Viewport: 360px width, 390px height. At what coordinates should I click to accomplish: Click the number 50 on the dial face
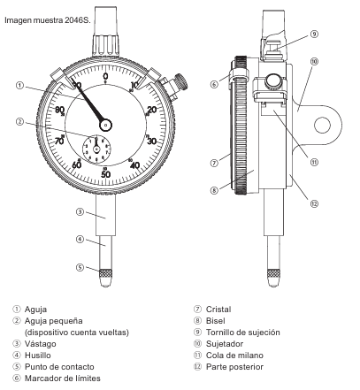coord(105,174)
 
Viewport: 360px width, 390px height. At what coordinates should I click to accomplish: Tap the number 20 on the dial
coord(152,110)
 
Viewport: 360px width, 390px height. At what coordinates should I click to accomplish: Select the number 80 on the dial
coord(59,110)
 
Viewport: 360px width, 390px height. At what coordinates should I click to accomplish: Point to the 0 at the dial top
coord(105,76)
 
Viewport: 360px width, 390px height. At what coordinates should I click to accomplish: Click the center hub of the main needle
coord(105,126)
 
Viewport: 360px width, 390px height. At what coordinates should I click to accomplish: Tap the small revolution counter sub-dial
coord(96,149)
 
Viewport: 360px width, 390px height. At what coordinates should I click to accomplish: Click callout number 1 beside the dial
coord(19,86)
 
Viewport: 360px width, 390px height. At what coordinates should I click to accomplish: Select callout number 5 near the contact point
coord(80,267)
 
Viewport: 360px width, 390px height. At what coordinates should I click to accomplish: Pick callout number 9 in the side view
coord(314,34)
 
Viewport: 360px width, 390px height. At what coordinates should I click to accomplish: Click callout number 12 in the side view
coord(314,203)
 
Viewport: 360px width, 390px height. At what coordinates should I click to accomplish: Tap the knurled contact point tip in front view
coord(105,278)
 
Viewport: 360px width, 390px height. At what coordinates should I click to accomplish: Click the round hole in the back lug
coord(322,125)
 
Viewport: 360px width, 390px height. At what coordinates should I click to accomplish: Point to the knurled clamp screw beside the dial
coord(181,82)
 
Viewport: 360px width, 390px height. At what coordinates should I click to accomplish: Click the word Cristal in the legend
coord(218,310)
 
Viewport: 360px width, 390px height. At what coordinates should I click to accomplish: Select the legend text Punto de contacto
coord(59,367)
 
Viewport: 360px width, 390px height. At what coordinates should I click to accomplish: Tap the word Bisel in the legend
coord(216,321)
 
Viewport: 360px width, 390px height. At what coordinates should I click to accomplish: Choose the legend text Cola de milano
coord(234,356)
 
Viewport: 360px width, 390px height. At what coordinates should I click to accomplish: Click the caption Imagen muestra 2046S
coord(48,20)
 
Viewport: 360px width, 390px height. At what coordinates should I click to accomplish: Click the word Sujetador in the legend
coord(225,344)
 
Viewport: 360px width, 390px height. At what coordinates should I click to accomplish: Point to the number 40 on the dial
coord(134,165)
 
